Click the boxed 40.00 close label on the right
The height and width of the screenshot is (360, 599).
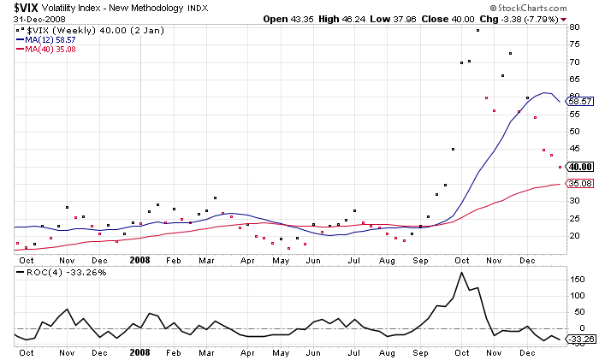[x=581, y=166]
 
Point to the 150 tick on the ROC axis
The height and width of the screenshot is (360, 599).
[x=577, y=279]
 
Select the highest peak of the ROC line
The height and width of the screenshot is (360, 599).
[x=462, y=273]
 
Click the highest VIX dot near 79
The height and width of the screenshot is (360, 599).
[x=477, y=31]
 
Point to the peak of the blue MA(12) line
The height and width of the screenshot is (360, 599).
[x=545, y=92]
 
